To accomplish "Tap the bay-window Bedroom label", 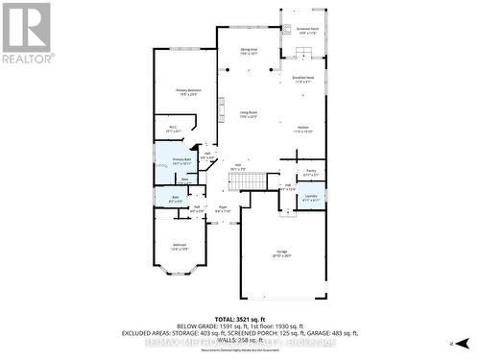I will point(180,246).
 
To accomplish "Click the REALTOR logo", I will point(26,32).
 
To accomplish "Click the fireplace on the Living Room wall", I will point(219,108).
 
